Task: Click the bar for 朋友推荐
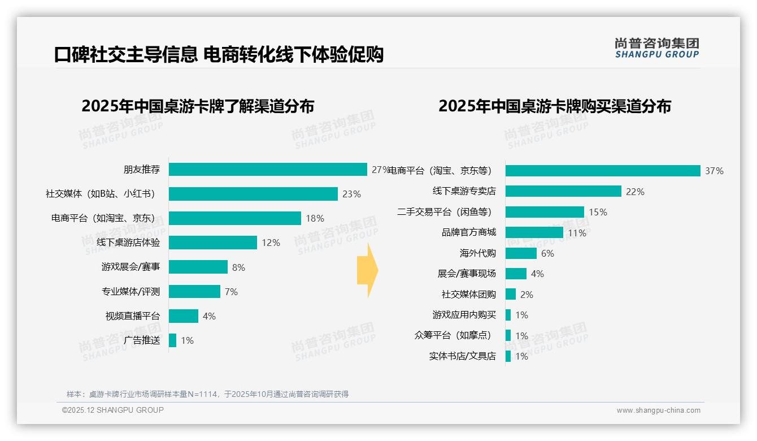268,170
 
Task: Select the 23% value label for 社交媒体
351,194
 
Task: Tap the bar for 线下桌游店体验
213,243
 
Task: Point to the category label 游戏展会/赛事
130,267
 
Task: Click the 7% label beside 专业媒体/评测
231,292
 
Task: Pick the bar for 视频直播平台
184,316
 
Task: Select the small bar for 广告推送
173,340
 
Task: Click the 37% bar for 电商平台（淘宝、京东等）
603,171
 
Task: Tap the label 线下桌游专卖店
464,191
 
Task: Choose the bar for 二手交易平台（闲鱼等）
545,212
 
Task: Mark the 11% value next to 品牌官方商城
577,233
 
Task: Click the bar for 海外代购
521,253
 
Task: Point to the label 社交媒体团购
469,295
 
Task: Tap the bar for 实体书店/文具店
508,356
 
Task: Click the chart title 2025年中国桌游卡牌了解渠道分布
198,106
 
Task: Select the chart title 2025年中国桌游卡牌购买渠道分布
554,106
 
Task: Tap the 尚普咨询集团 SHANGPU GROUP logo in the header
656,48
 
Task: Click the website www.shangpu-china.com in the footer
658,410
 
